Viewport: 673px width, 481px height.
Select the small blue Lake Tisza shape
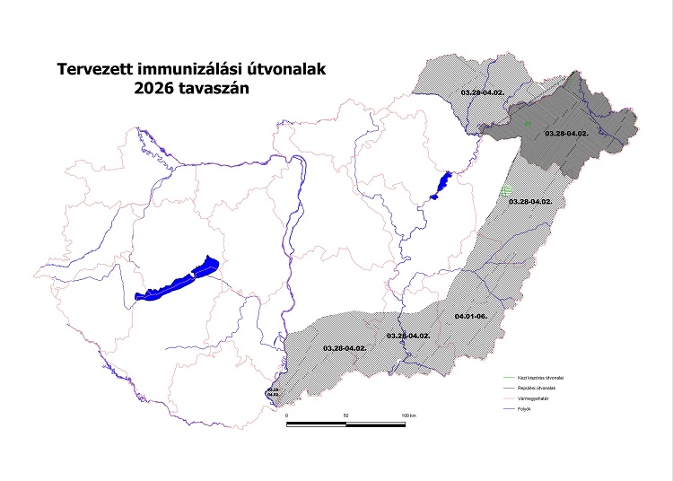[x=440, y=185]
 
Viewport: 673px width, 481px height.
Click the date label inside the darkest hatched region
[x=566, y=133]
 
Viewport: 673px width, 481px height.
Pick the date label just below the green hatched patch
[x=529, y=202]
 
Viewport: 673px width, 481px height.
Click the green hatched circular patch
[x=508, y=190]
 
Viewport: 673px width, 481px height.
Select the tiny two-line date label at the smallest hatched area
[x=274, y=391]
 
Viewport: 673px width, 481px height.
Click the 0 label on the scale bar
[x=287, y=416]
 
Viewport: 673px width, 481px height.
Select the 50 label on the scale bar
[x=345, y=416]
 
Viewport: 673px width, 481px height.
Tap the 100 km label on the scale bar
[x=409, y=416]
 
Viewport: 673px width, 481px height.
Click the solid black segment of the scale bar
[x=316, y=423]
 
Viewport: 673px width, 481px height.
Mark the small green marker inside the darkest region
[x=529, y=123]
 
